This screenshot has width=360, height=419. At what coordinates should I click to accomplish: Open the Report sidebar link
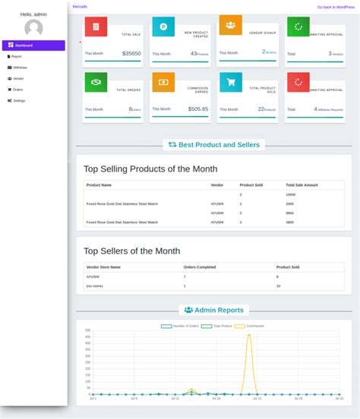click(x=16, y=56)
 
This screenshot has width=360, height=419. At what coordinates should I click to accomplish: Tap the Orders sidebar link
click(x=17, y=90)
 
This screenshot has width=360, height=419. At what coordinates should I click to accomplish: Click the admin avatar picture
click(x=33, y=29)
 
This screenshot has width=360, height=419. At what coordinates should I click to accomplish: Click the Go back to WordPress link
click(x=336, y=7)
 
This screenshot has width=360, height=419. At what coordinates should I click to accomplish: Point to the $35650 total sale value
click(x=131, y=54)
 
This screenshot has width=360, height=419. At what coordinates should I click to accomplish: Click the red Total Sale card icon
click(x=96, y=27)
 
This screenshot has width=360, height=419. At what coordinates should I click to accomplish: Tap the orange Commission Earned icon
click(x=163, y=82)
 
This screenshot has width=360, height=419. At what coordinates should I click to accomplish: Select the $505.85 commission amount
click(x=198, y=109)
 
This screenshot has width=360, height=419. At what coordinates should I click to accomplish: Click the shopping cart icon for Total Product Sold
click(x=230, y=82)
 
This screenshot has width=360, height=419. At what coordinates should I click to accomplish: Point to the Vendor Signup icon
click(x=230, y=25)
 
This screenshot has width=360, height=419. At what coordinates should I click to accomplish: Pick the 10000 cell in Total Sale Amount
click(x=290, y=195)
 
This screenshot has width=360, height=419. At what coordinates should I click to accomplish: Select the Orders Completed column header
click(x=200, y=267)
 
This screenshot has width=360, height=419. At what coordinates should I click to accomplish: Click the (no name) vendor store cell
click(x=94, y=286)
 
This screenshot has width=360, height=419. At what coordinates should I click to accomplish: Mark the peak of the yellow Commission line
click(x=248, y=335)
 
